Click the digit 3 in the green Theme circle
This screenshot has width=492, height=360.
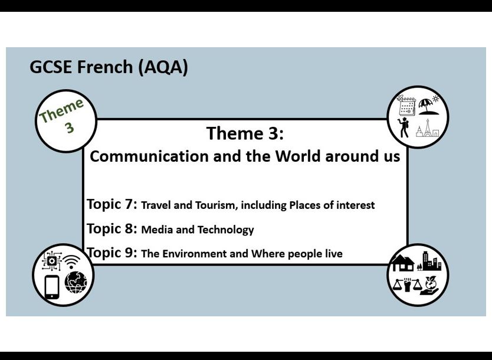tap(69, 127)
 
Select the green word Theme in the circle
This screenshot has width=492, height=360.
tap(61, 110)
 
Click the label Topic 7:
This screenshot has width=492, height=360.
tap(111, 204)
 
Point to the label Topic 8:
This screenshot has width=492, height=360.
tap(111, 228)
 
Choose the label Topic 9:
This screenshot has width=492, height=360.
tap(111, 253)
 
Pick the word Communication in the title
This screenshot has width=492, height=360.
tap(141, 156)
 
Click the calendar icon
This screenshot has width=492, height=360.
tap(407, 106)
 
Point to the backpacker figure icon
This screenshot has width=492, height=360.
tap(405, 127)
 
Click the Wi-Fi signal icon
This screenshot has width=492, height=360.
tap(73, 261)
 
